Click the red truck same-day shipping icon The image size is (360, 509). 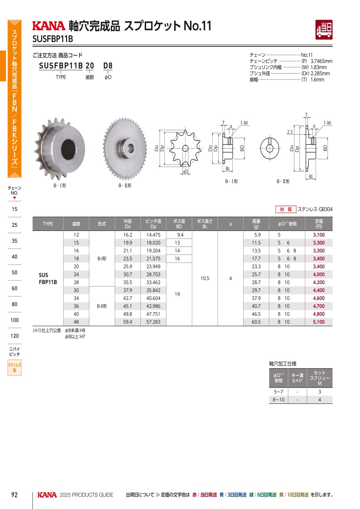pyautogui.click(x=324, y=30)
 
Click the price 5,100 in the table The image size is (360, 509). pyautogui.click(x=319, y=322)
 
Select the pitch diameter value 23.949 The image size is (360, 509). pyautogui.click(x=153, y=267)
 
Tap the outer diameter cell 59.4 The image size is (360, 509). pyautogui.click(x=128, y=322)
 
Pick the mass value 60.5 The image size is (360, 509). pyautogui.click(x=256, y=322)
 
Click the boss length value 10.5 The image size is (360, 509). pyautogui.click(x=205, y=279)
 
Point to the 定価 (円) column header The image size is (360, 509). pyautogui.click(x=319, y=224)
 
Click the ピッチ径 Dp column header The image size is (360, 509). pyautogui.click(x=153, y=224)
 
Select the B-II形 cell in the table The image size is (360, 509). pyautogui.click(x=102, y=306)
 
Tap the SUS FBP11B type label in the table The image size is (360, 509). pyautogui.click(x=48, y=279)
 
